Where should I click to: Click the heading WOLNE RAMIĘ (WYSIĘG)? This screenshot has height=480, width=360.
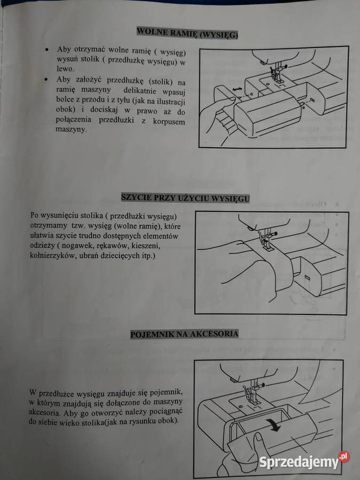187,33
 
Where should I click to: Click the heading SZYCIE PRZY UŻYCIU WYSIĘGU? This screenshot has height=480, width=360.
185,198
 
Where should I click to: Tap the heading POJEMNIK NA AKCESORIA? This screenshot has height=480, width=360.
185,334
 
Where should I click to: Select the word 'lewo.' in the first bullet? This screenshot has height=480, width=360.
65,69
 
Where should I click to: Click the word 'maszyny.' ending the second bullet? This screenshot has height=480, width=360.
71,130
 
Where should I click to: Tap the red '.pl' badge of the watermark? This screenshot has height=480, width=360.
344,457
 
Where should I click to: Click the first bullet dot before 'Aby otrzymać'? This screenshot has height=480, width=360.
46,49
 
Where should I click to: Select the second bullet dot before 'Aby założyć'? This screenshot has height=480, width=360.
46,80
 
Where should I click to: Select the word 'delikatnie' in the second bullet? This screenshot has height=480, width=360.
140,91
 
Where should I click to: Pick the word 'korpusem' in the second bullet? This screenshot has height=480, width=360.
169,122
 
